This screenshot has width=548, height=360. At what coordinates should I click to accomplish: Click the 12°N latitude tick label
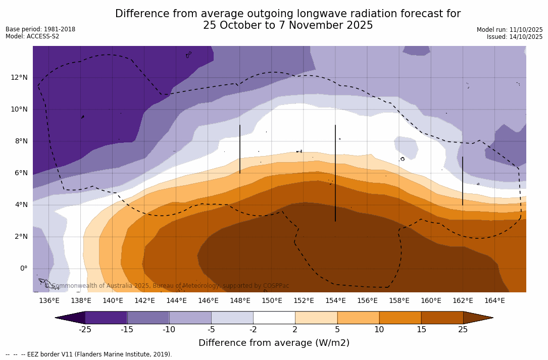click(19, 77)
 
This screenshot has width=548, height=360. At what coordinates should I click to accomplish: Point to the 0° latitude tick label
click(24, 268)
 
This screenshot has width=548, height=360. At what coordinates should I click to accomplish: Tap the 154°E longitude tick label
click(335, 300)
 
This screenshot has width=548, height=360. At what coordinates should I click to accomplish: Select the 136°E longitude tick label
click(49, 300)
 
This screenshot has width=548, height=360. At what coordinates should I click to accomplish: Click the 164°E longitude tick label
click(494, 300)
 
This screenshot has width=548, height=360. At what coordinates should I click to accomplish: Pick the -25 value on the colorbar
click(85, 330)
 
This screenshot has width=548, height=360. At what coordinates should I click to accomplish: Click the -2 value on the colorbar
click(253, 330)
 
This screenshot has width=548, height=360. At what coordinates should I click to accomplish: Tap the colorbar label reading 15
click(421, 330)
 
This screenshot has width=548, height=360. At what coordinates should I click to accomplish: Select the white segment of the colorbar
click(274, 318)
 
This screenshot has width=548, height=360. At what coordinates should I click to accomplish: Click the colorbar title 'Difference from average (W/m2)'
click(274, 343)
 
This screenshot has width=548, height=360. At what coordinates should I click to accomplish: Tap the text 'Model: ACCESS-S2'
click(32, 36)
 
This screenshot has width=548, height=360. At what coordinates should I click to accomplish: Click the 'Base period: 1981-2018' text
click(40, 29)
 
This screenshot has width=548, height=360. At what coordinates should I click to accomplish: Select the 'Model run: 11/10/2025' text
click(510, 30)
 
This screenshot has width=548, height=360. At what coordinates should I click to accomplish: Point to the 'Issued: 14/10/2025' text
click(515, 37)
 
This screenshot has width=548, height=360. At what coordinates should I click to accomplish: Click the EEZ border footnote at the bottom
click(89, 354)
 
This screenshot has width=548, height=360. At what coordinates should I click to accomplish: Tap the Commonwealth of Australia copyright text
click(167, 286)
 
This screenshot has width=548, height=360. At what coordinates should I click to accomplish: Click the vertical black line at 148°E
click(239, 149)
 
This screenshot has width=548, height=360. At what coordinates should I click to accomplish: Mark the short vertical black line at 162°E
click(462, 181)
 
